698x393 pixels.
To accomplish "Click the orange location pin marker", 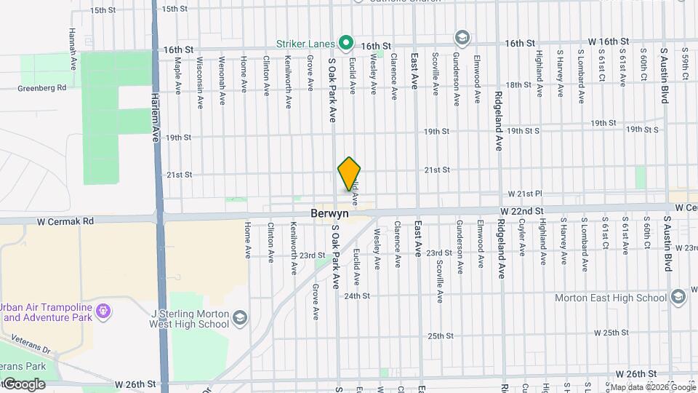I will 350,173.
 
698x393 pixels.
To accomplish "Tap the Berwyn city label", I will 329,215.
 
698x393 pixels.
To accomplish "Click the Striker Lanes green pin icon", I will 347,43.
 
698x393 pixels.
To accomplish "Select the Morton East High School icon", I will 678,298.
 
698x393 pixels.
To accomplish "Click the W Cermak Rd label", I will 66,221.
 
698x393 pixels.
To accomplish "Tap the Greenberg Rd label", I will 42,88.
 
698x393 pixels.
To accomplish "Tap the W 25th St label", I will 611,333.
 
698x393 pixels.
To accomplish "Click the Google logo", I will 23,384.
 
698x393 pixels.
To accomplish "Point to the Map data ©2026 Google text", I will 651,387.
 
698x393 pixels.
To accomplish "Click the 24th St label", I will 357,296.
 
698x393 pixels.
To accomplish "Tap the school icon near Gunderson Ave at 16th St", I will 462,37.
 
